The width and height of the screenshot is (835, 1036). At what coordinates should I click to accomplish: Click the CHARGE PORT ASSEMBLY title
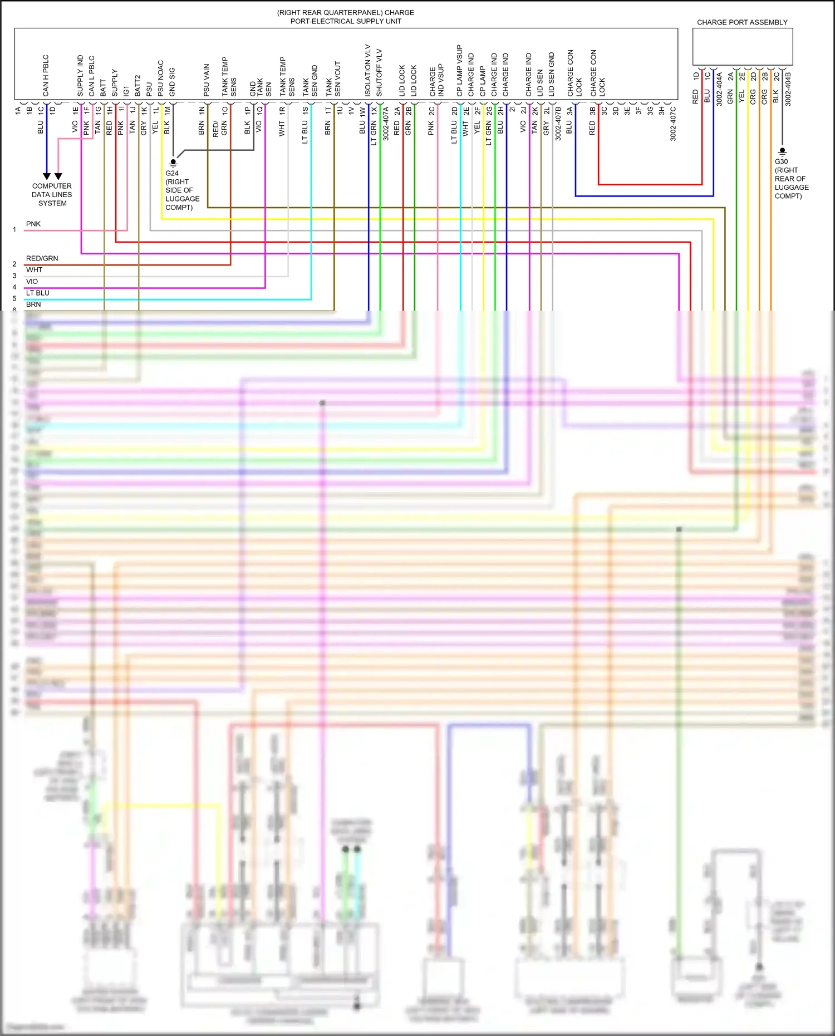[742, 22]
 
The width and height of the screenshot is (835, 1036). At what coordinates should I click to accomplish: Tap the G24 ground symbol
[173, 163]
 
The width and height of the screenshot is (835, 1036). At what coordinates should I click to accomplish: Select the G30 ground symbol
[782, 151]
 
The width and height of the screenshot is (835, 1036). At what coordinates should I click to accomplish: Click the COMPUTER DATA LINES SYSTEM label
[52, 194]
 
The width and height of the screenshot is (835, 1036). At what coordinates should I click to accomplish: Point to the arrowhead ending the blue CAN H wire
[47, 176]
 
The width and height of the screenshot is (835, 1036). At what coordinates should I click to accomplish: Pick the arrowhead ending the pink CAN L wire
[58, 176]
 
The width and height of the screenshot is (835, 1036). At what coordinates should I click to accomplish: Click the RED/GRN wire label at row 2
[42, 258]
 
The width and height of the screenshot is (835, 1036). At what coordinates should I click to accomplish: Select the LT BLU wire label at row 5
[37, 293]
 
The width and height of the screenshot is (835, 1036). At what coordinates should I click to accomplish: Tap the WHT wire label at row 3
[34, 270]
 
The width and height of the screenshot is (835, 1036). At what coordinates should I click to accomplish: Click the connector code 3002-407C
[673, 123]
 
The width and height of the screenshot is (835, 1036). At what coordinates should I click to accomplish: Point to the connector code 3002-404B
[788, 89]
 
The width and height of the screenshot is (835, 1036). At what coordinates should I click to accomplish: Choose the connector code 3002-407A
[385, 123]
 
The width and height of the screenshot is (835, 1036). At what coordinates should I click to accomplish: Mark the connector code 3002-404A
[719, 89]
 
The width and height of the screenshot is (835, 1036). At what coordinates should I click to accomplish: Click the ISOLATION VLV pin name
[367, 70]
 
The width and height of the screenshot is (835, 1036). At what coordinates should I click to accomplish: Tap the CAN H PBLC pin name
[46, 75]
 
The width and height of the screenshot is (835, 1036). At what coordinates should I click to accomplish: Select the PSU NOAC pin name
[160, 78]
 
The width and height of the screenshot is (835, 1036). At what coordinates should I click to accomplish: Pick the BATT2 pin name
[137, 85]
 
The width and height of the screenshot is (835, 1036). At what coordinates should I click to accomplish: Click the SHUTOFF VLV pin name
[379, 72]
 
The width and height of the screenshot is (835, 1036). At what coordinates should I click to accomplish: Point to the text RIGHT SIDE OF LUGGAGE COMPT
[182, 194]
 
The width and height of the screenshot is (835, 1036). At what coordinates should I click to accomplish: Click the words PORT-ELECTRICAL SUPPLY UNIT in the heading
[346, 21]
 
